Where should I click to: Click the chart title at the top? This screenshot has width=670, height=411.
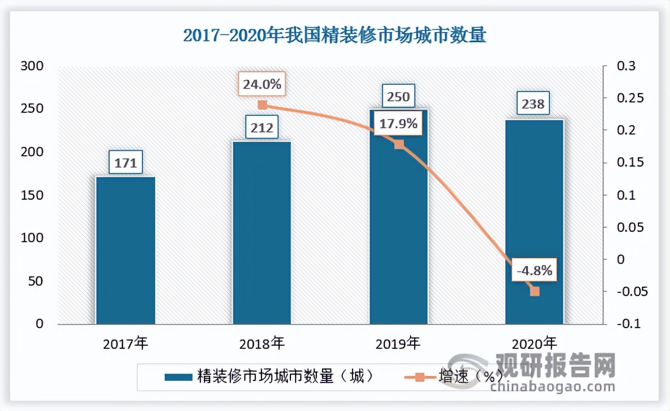[x=334, y=36]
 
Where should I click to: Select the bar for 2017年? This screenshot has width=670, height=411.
[x=126, y=251]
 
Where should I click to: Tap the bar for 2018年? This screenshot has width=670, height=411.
[x=262, y=233]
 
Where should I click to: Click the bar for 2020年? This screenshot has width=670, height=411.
[x=534, y=223]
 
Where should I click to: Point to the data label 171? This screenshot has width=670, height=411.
[x=125, y=163]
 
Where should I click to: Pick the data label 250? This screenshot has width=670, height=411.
[x=398, y=96]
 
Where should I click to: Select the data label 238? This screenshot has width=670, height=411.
[x=534, y=104]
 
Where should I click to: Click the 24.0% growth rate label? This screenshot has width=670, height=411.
[x=262, y=84]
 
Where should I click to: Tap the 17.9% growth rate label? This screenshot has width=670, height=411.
[x=399, y=124]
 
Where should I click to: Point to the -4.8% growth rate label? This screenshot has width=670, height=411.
[x=535, y=270]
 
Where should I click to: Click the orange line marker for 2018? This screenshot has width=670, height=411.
[x=262, y=105]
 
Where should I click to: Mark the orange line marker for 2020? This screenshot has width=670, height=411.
[x=534, y=291]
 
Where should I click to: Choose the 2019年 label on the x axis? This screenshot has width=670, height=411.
[x=398, y=343]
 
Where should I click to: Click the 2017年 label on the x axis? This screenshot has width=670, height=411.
[x=126, y=343]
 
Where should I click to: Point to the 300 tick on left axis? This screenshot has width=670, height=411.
[x=32, y=66]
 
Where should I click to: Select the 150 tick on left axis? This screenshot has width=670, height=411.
[x=32, y=195]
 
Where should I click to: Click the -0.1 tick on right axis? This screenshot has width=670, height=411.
[x=627, y=324]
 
